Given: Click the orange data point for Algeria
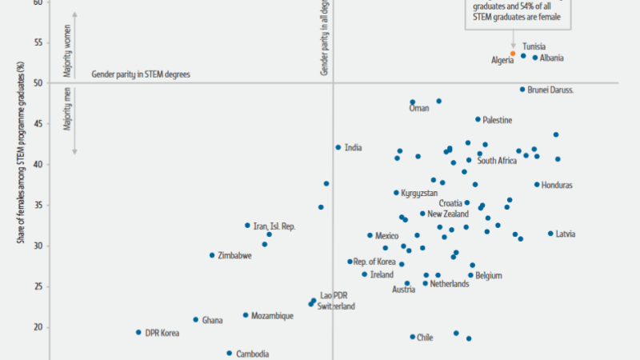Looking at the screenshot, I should click(514, 54).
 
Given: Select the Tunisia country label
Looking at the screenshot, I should click(534, 46).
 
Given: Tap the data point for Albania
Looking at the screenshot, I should click(535, 58).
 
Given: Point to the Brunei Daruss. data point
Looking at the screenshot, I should click(522, 90).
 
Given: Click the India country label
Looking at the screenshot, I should click(353, 147).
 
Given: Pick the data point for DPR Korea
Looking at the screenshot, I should click(138, 332).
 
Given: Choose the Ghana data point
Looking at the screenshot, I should click(195, 320).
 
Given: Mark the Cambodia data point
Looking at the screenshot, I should click(229, 353).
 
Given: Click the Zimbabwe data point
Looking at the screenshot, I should click(212, 255).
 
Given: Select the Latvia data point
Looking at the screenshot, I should click(550, 234).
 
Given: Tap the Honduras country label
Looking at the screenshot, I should click(557, 186).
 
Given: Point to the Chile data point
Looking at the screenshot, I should click(413, 337).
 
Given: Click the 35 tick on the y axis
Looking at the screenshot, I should click(38, 205).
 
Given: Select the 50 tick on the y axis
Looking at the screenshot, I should click(38, 82).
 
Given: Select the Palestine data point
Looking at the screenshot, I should click(478, 119).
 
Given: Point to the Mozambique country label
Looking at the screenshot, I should click(272, 316).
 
